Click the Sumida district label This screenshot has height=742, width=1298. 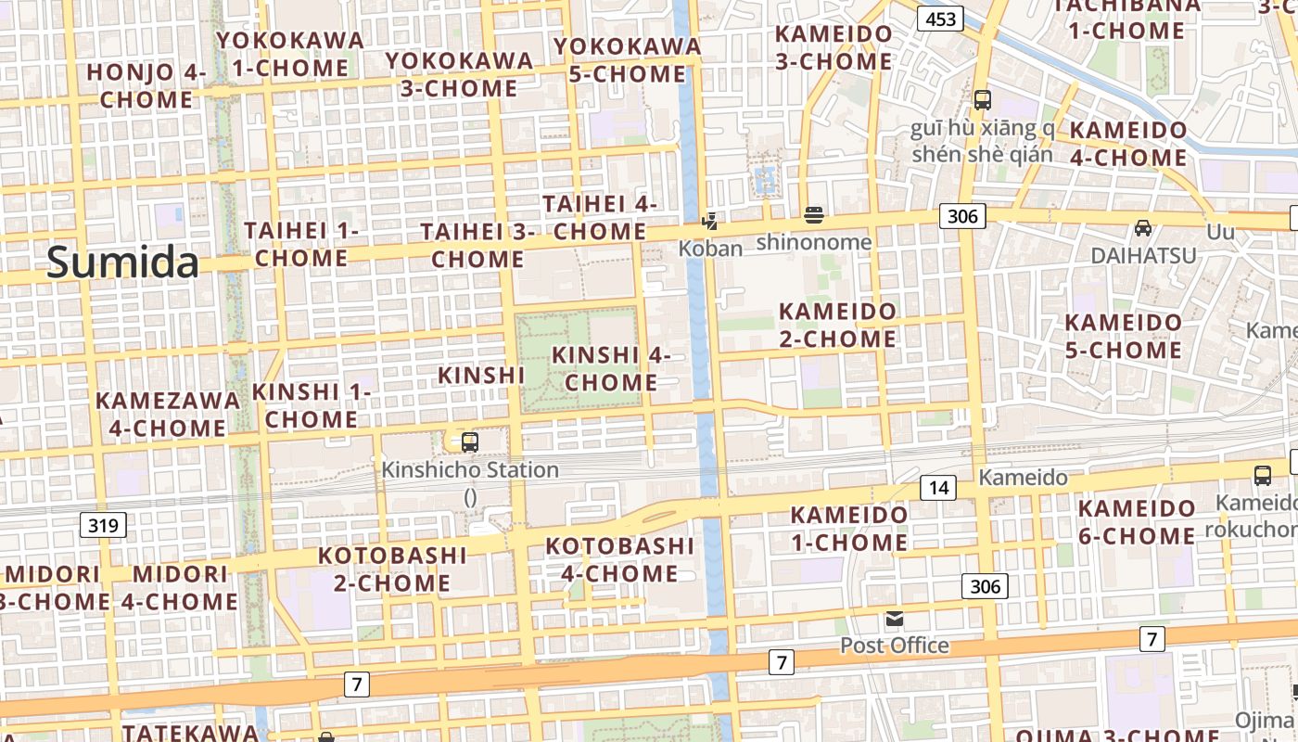pos(122,262)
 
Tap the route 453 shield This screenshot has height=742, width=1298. pos(940,19)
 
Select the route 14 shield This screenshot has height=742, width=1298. pos(938,487)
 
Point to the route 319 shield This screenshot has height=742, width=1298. pos(103,526)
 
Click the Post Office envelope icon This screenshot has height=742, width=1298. pos(894,619)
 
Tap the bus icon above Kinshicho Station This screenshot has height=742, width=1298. pos(470,441)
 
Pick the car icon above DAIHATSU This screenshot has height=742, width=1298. pos(1143,228)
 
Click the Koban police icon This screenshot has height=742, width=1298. pos(709,221)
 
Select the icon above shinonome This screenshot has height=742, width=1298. pos(814,216)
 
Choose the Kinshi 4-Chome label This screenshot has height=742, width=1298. pos(612,368)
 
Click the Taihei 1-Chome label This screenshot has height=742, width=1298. pos(301,244)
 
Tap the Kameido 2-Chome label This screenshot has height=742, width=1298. pos(838,325)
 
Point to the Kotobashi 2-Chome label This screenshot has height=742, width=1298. pos(392,569)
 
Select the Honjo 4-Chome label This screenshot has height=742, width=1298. pos(146,85)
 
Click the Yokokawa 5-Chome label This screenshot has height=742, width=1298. pos(627,59)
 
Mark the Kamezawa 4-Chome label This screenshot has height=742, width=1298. pos(168,414)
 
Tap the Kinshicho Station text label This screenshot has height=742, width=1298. pos(470,470)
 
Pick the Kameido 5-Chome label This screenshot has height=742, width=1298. pos(1124,336)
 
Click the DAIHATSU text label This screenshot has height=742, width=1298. pos(1143,255)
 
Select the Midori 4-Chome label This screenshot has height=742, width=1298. pos(179,587)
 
